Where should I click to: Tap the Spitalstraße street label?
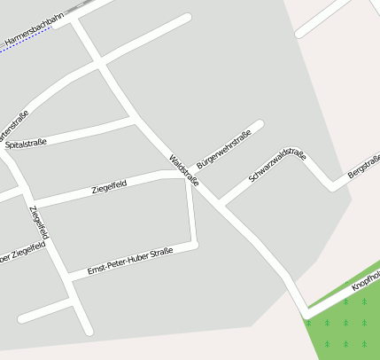26,143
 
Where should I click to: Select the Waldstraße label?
183,171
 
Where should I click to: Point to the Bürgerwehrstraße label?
224,149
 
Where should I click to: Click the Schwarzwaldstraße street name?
277,167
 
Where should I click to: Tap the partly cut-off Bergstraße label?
364,166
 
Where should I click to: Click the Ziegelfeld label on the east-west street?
109,187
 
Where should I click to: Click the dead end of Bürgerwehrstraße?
260,123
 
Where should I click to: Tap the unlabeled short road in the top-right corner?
323,19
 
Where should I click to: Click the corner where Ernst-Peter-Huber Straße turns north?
194,243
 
